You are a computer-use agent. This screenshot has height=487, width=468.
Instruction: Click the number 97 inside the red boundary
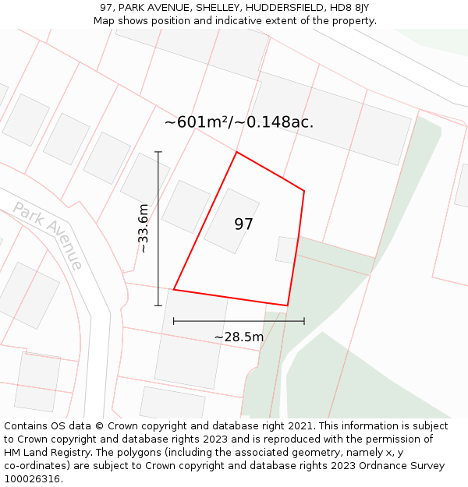tap(243, 224)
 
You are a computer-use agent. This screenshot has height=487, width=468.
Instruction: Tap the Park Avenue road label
tap(48, 235)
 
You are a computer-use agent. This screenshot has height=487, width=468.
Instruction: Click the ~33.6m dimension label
tap(143, 228)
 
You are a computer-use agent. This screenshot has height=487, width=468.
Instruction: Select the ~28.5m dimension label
tap(239, 337)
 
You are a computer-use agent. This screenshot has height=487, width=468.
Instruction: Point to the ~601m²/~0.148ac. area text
tap(239, 122)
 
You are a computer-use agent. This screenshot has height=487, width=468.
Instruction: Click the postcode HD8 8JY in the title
tap(347, 8)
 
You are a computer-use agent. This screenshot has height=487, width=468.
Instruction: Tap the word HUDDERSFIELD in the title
tap(279, 8)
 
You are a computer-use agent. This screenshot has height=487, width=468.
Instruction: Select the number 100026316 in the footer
tap(30, 478)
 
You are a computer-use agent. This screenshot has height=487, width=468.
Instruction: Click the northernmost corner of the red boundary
tap(236, 152)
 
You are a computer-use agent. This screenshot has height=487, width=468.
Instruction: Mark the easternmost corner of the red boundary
tap(304, 191)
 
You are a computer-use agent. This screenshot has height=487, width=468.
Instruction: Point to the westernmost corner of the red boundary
tap(173, 290)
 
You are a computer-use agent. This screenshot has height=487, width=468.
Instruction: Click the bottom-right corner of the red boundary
tap(288, 305)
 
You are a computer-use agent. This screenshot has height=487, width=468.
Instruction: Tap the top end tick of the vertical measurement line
tap(158, 152)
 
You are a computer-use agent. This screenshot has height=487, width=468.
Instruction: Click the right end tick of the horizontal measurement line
tap(304, 320)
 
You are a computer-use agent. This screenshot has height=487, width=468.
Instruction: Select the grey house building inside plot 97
tap(232, 221)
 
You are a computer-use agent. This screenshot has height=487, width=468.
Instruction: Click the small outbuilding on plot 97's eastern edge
tap(286, 249)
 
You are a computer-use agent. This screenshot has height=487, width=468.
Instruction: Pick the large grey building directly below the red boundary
tap(192, 338)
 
